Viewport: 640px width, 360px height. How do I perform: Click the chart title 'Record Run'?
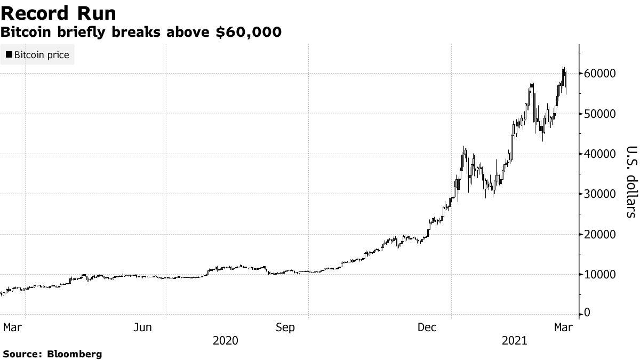[x=59, y=13]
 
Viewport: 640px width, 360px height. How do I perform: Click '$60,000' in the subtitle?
[x=249, y=33]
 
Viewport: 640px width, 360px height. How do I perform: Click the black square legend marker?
[x=9, y=55]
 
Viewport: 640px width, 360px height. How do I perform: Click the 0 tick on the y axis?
[x=587, y=313]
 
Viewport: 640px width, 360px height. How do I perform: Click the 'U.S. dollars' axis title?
[x=630, y=181]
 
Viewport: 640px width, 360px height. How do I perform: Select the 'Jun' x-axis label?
[x=142, y=327]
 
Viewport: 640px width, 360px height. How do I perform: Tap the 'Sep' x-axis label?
[x=285, y=327]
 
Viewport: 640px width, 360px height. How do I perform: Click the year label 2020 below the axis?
[x=226, y=340]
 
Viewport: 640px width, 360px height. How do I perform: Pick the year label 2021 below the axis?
[x=514, y=340]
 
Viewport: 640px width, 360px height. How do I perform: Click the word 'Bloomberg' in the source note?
[x=75, y=354]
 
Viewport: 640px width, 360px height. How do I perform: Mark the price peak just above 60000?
[x=563, y=68]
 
